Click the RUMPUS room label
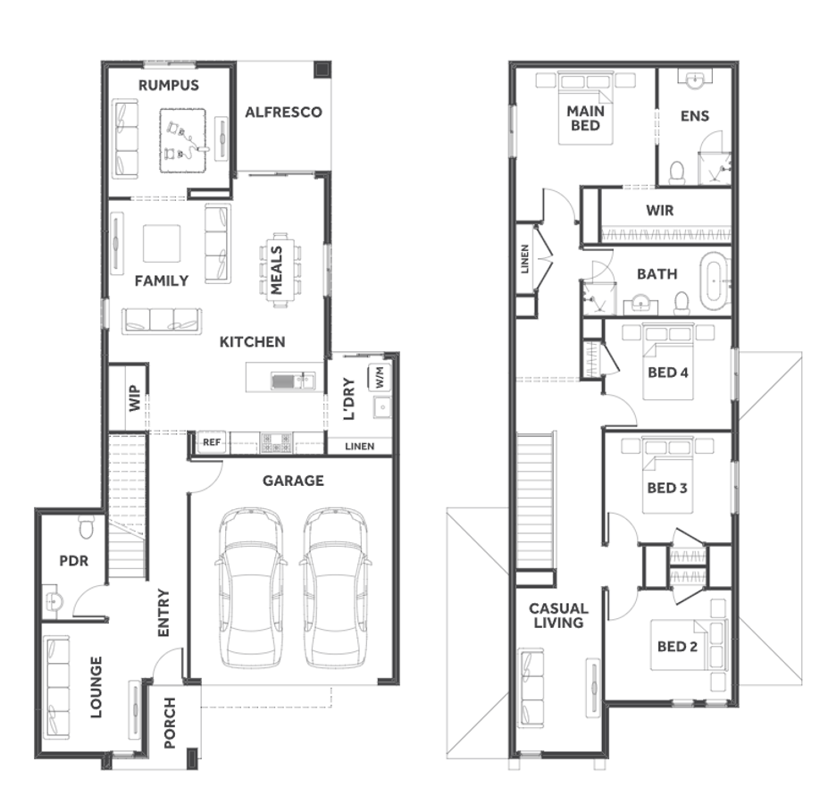point(169,85)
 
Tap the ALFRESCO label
point(283,112)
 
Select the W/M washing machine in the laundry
point(380,377)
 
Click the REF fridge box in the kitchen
point(212,442)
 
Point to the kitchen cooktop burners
point(276,442)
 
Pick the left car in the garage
point(251,588)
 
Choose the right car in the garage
point(335,588)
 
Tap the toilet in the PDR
point(86,527)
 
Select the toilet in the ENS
point(677,172)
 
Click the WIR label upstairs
point(659,210)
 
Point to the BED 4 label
point(667,373)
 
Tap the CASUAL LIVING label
point(558,616)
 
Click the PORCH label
point(170,723)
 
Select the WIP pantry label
point(135,398)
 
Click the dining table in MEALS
point(280,270)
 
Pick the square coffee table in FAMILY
point(162,243)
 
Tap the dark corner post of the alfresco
point(322,70)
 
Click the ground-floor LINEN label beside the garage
point(360,447)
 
